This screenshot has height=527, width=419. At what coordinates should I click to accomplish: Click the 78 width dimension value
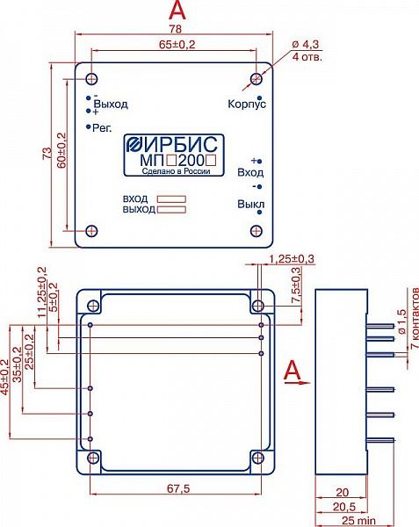(x=175, y=29)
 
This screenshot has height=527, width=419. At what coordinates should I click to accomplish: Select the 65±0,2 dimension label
(x=177, y=45)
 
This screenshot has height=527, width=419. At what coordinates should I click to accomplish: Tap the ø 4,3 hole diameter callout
(x=306, y=44)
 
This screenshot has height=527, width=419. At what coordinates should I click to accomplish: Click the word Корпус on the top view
(x=247, y=104)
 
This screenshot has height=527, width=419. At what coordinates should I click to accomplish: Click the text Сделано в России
(x=176, y=171)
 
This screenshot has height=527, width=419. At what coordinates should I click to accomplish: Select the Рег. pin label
(x=102, y=127)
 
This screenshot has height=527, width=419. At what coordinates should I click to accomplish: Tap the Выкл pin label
(x=250, y=204)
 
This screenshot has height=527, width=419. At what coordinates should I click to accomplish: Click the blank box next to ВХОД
(x=171, y=199)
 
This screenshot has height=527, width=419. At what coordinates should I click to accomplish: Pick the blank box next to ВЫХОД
(x=171, y=210)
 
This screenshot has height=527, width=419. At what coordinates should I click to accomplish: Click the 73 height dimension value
(x=48, y=153)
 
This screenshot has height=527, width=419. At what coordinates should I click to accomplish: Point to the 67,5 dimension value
(x=178, y=488)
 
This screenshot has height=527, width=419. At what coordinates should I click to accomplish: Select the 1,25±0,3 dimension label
(x=292, y=259)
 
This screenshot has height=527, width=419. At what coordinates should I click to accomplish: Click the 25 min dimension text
(x=359, y=521)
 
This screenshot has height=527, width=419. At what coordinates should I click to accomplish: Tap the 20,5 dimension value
(x=344, y=507)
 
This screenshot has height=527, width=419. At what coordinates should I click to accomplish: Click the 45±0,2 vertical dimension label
(x=4, y=377)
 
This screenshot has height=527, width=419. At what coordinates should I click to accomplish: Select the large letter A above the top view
(x=177, y=10)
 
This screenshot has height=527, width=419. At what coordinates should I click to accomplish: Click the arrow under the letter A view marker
(x=298, y=382)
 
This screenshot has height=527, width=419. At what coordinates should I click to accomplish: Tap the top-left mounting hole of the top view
(x=91, y=79)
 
